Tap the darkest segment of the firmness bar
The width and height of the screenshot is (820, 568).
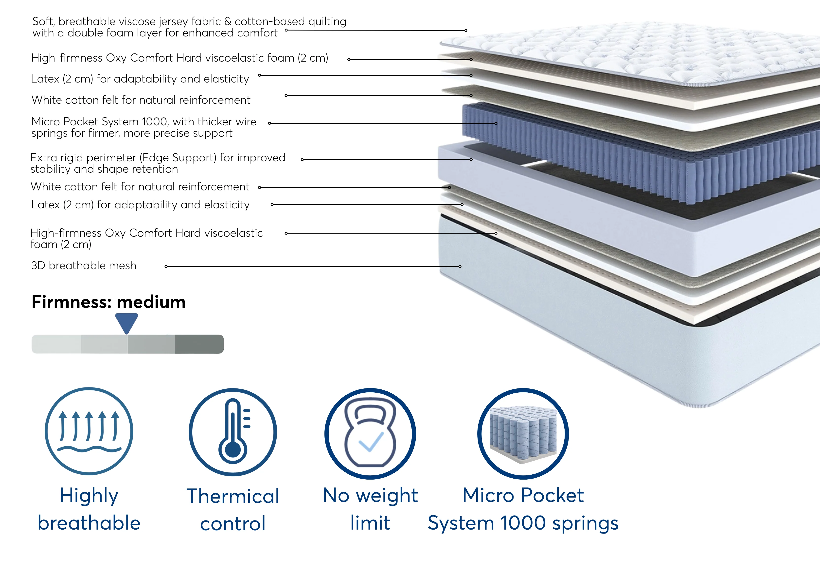199,344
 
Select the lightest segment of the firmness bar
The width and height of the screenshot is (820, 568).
56,344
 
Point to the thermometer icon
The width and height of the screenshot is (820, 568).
233,432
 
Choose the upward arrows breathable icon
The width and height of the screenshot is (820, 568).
89,431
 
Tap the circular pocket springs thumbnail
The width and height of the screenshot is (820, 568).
523,434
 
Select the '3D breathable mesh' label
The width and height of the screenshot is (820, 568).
84,266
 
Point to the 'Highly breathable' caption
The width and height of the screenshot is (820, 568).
89,509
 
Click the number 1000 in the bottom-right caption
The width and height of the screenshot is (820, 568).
523,523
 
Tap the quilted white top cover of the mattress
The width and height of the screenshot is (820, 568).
630,53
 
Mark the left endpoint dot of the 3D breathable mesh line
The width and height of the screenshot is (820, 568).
166,266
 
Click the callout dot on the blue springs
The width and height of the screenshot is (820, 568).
496,123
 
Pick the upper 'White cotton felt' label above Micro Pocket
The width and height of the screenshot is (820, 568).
141,100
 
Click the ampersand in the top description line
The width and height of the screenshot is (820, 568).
228,21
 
